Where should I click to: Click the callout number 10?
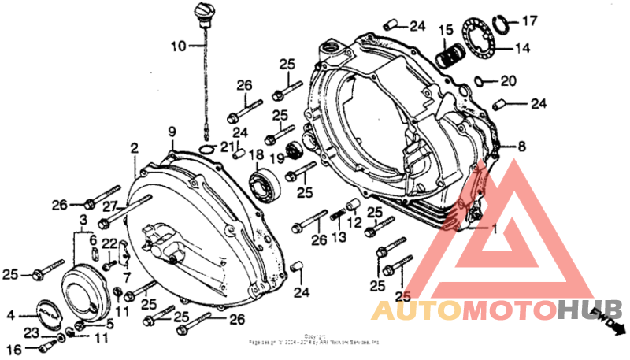[x=177, y=46]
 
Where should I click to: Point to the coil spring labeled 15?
[x=450, y=56]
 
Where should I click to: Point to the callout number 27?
[x=109, y=206]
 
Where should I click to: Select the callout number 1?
[x=495, y=229]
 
